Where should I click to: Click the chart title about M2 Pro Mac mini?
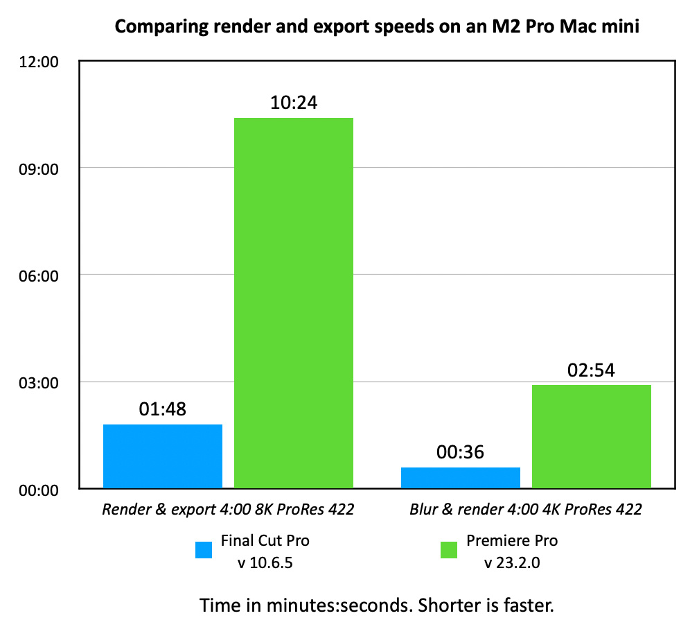coord(376,28)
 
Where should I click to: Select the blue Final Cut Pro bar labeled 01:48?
coord(163,456)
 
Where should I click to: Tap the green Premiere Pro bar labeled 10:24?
coord(294,303)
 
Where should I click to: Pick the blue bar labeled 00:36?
coord(460,477)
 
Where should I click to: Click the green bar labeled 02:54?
coord(592,436)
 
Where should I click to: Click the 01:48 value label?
coord(163,410)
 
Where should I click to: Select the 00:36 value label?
coord(460,453)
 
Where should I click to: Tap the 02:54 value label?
coord(592,370)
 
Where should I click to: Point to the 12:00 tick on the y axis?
coord(39,62)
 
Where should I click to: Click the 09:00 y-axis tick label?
coord(39,169)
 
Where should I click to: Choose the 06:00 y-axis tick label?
coord(39,275)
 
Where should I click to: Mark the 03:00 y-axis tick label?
coord(39,382)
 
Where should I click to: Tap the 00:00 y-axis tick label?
coord(39,489)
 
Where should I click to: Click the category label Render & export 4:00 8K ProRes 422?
coord(228,510)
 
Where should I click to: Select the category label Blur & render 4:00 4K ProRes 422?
coord(526,510)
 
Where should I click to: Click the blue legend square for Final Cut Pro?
coord(204,549)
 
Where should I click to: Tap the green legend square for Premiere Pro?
coord(449,549)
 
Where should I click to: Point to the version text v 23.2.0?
coord(512,562)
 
